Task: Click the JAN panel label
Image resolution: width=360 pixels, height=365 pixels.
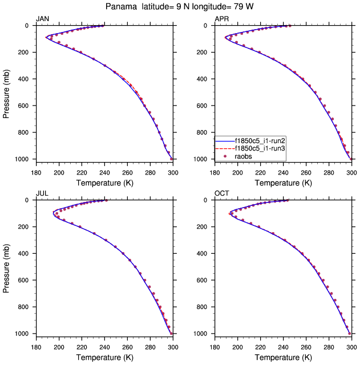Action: (42, 19)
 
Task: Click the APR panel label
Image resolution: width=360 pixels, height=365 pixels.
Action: (221, 19)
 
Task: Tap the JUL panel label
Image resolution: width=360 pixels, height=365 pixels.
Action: (42, 193)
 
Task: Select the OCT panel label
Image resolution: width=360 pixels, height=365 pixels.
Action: (222, 193)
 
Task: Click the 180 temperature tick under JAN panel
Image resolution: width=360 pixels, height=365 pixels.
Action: (35, 171)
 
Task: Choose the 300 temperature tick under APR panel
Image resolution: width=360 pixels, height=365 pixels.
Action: (351, 171)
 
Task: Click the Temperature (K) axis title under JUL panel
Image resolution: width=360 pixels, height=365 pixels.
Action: (104, 356)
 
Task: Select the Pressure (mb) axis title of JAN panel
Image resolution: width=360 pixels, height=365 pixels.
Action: (6, 92)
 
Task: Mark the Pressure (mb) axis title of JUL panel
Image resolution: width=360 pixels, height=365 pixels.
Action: (6, 267)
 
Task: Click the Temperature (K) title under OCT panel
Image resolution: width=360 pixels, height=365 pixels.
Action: (283, 356)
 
